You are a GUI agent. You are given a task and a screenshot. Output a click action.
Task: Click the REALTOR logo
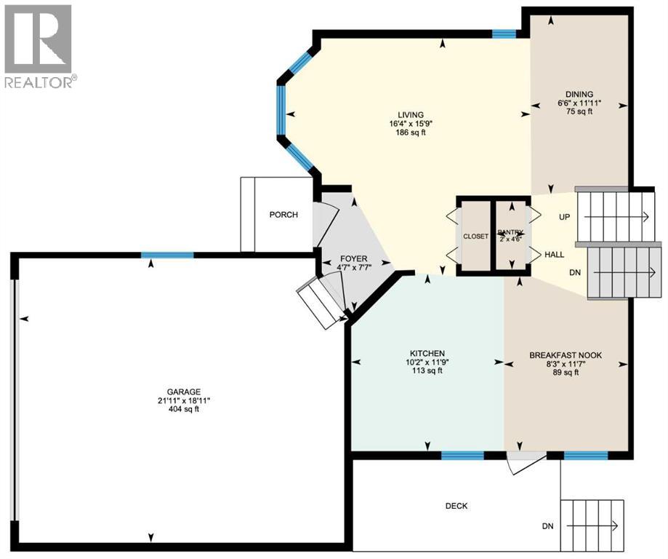[x=38, y=45]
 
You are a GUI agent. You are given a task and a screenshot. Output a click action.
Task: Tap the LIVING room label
[x=410, y=114]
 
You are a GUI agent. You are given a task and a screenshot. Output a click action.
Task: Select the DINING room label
[x=579, y=94]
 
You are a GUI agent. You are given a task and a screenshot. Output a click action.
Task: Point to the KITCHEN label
[x=427, y=353]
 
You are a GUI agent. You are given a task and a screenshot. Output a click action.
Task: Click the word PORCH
[x=283, y=215]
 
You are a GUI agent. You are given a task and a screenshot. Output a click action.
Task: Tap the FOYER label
[x=354, y=259]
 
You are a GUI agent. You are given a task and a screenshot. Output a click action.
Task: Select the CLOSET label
[x=476, y=237]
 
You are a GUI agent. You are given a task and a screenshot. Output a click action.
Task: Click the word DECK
[x=456, y=507]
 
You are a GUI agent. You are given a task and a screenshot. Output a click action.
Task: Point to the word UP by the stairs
[x=564, y=218]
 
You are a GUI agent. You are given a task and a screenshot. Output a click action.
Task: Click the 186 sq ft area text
[x=410, y=133]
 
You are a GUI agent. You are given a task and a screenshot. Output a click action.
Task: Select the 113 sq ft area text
[x=427, y=371]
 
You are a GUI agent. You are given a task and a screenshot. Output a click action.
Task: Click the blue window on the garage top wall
[x=167, y=255]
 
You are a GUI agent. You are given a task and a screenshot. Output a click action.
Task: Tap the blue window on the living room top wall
[x=504, y=33]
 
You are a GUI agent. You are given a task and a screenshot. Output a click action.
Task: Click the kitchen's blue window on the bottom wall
[x=463, y=456]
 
